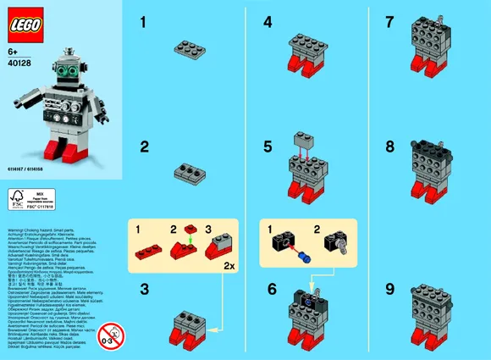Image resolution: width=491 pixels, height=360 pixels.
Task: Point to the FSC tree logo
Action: (17, 201)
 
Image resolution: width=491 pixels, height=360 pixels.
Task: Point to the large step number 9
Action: (389, 290)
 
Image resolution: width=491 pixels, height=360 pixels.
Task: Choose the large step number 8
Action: (389, 147)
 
